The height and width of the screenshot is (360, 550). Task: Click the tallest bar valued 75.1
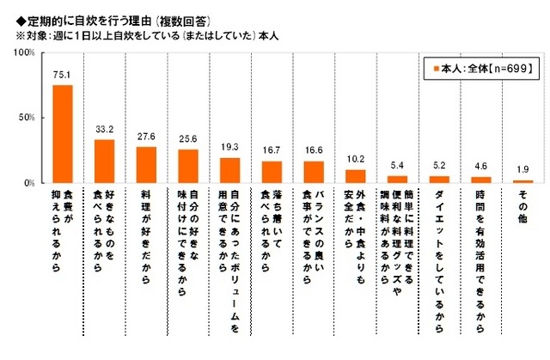(x=63, y=133)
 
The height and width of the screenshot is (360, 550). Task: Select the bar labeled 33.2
(x=104, y=161)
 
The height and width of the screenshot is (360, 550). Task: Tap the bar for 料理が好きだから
(x=146, y=164)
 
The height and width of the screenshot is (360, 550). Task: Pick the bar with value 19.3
(x=229, y=170)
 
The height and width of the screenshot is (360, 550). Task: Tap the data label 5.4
(x=397, y=165)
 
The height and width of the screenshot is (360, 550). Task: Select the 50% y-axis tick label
(x=27, y=118)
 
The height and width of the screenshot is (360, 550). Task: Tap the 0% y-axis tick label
(x=29, y=183)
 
